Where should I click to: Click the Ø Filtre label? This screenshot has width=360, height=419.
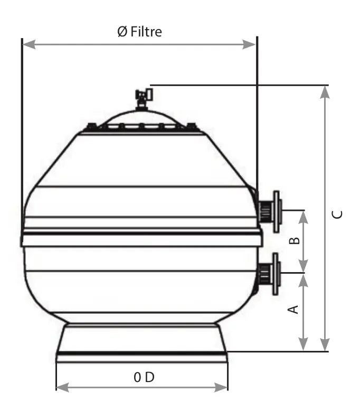click(139, 32)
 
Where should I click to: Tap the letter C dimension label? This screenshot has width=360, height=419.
click(337, 215)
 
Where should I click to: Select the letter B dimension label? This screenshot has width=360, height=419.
click(295, 240)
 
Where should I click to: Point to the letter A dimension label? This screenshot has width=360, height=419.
click(293, 309)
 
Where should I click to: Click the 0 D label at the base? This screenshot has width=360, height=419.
click(144, 377)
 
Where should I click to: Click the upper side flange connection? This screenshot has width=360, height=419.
click(270, 211)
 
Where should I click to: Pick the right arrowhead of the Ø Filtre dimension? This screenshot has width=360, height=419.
click(249, 44)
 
